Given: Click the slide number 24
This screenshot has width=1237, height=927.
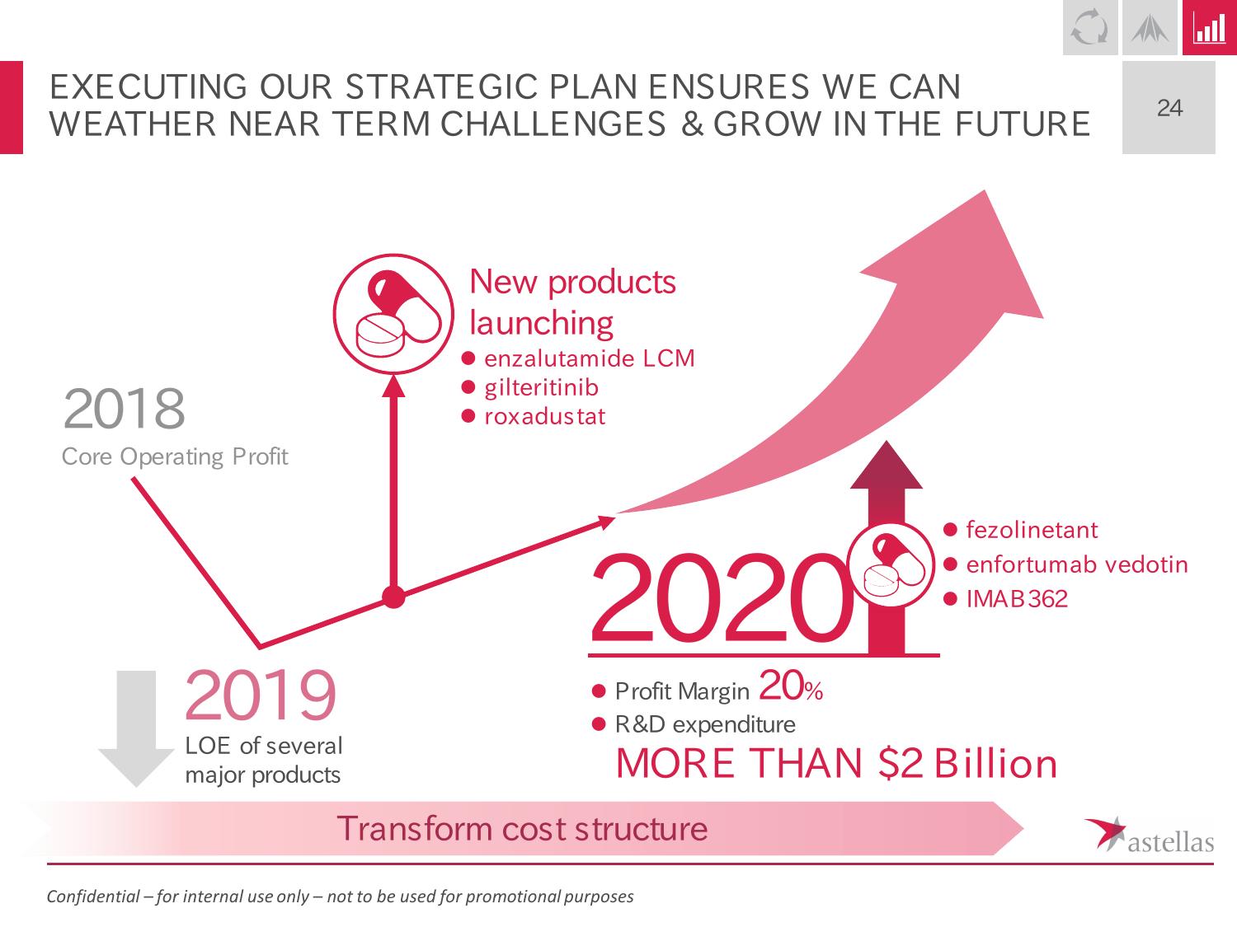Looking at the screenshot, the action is pos(1169,108).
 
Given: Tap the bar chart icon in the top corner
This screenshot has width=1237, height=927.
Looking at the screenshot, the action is pos(1210,27).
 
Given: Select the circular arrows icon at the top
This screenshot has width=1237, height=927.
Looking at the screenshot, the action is pos(1090,27).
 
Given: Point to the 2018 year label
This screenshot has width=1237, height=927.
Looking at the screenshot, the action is pos(124,408).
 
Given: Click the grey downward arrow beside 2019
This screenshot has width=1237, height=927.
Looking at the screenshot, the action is pos(136,729).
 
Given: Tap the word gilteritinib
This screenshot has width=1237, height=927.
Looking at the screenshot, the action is pos(541,388).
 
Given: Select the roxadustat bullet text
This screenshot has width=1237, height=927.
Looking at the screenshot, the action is pos(544,416).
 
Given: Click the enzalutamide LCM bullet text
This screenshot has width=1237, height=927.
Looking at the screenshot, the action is pos(590,358).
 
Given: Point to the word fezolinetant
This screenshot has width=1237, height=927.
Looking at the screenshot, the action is pos(1032,530).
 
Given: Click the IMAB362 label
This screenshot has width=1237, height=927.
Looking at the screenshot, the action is pos(1017,599).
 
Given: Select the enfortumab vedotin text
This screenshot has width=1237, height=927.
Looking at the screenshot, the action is pos(1077,564).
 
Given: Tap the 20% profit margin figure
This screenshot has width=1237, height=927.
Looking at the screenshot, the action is pos(791,686).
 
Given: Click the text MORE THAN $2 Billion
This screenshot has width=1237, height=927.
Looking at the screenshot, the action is pos(836,763).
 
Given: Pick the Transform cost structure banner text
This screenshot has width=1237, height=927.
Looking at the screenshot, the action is pos(522,828).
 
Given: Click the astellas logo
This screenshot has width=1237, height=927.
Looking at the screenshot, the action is pos(1149,835).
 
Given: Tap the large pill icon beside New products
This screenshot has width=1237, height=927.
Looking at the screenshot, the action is pos(393,314).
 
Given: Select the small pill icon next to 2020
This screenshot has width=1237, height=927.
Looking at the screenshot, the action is pos(891,565).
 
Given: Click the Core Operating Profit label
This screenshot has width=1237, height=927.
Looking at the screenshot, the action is pos(175,456).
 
